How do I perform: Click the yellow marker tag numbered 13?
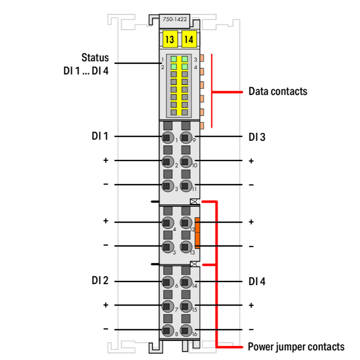point(169,39)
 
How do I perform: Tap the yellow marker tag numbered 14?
point(189,39)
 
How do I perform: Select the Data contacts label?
point(277,91)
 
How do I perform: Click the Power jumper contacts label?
point(296,347)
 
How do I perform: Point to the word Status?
point(95,58)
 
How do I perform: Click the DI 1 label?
point(99,136)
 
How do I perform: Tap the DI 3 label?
point(257,137)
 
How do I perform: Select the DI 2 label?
point(99,281)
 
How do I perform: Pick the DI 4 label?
point(257,281)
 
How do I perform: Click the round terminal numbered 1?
point(168,137)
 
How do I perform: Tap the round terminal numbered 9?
point(186,137)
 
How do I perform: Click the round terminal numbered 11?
point(186,186)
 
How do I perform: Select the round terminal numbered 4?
point(168,222)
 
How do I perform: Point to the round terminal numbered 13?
point(186,247)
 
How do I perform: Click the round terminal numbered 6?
point(168,282)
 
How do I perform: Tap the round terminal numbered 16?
point(186,330)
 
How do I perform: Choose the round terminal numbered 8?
point(168,330)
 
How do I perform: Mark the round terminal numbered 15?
point(186,306)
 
